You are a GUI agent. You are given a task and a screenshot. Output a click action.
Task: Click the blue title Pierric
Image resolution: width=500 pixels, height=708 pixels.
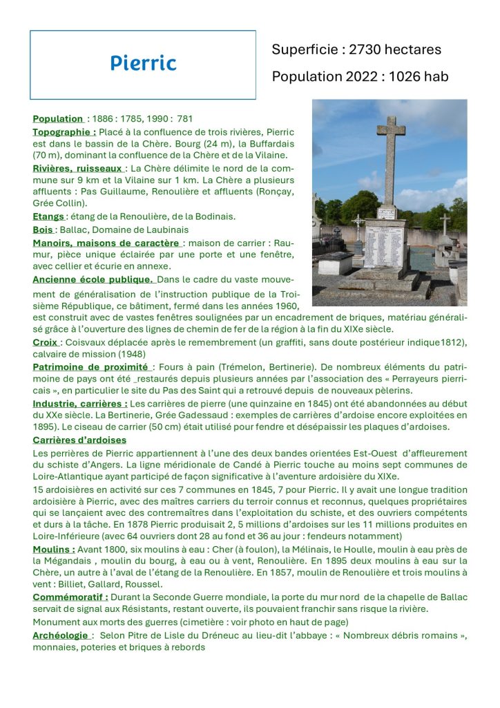pos(143,64)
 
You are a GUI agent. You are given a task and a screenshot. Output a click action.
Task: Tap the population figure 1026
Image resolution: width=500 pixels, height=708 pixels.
pos(405,77)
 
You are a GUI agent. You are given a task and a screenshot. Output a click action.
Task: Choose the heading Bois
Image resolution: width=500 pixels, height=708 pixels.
pos(43,230)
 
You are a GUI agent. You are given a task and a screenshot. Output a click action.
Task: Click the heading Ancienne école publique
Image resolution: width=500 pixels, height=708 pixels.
pos(93,279)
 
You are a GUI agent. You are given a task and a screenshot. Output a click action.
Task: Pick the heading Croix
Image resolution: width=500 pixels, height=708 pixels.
pos(46,342)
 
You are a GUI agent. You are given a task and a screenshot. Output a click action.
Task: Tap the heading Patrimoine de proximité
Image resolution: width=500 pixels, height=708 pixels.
pos(90,366)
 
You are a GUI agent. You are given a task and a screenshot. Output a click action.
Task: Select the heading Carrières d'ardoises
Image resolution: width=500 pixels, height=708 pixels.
pos(79,440)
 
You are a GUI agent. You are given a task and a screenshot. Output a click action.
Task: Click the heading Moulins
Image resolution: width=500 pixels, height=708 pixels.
pos(54,549)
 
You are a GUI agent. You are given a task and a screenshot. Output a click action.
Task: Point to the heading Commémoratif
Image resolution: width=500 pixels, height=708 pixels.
pos(70,597)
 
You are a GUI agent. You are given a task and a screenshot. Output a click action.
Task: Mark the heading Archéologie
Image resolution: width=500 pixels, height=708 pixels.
pos(61,635)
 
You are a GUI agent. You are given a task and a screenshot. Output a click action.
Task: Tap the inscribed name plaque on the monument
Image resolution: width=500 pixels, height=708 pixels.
pos(384,248)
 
